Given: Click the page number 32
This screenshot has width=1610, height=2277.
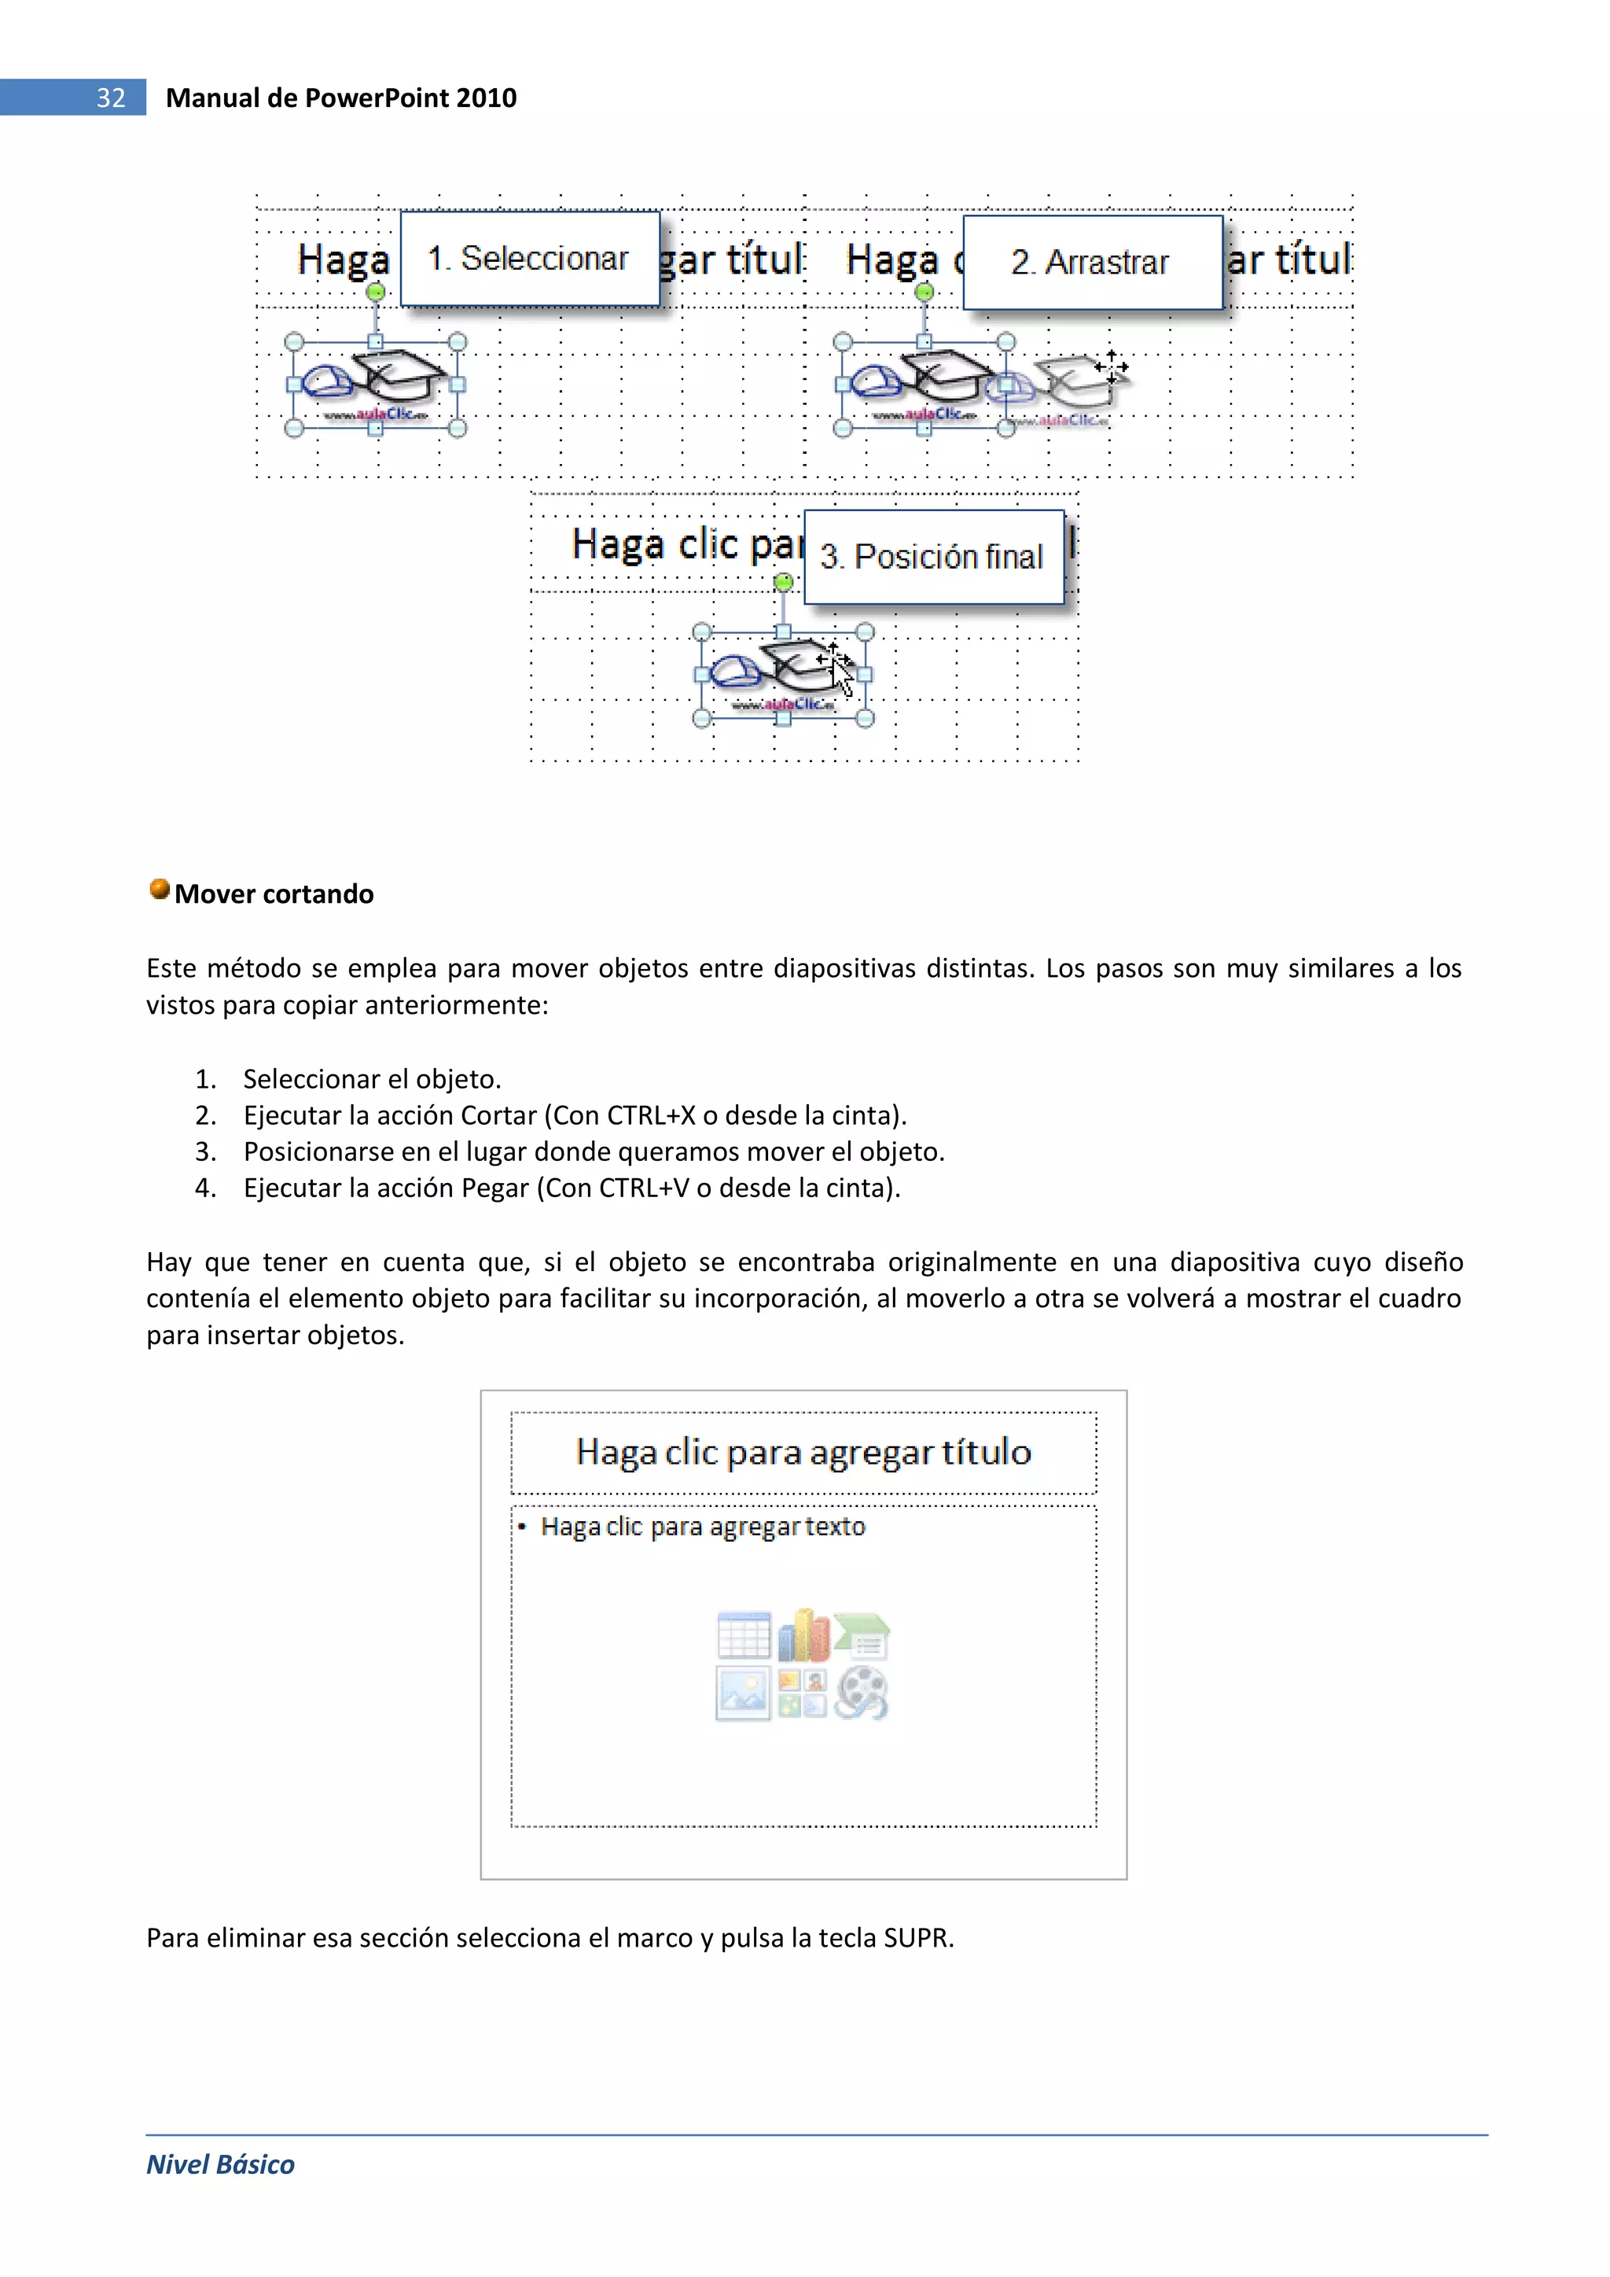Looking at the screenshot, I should (110, 98).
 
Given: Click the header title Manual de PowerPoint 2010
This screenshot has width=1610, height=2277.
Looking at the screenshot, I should (340, 98).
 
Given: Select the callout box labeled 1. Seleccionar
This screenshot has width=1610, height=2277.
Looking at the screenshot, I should (529, 258).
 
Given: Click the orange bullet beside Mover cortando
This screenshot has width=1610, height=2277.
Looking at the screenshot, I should (159, 889).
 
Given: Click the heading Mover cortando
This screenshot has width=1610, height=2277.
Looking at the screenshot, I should (274, 893).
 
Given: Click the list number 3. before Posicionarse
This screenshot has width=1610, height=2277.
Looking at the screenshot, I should (205, 1151).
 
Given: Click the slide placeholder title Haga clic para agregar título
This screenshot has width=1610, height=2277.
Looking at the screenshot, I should (803, 1452).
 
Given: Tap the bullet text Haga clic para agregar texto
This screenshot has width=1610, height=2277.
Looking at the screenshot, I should (703, 1527).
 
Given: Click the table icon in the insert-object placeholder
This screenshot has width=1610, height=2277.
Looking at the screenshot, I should (744, 1636).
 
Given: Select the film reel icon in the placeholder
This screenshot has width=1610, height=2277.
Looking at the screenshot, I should (861, 1693).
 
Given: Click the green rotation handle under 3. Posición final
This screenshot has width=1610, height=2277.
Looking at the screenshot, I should (783, 582).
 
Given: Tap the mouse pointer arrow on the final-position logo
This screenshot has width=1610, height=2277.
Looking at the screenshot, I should (842, 676).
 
